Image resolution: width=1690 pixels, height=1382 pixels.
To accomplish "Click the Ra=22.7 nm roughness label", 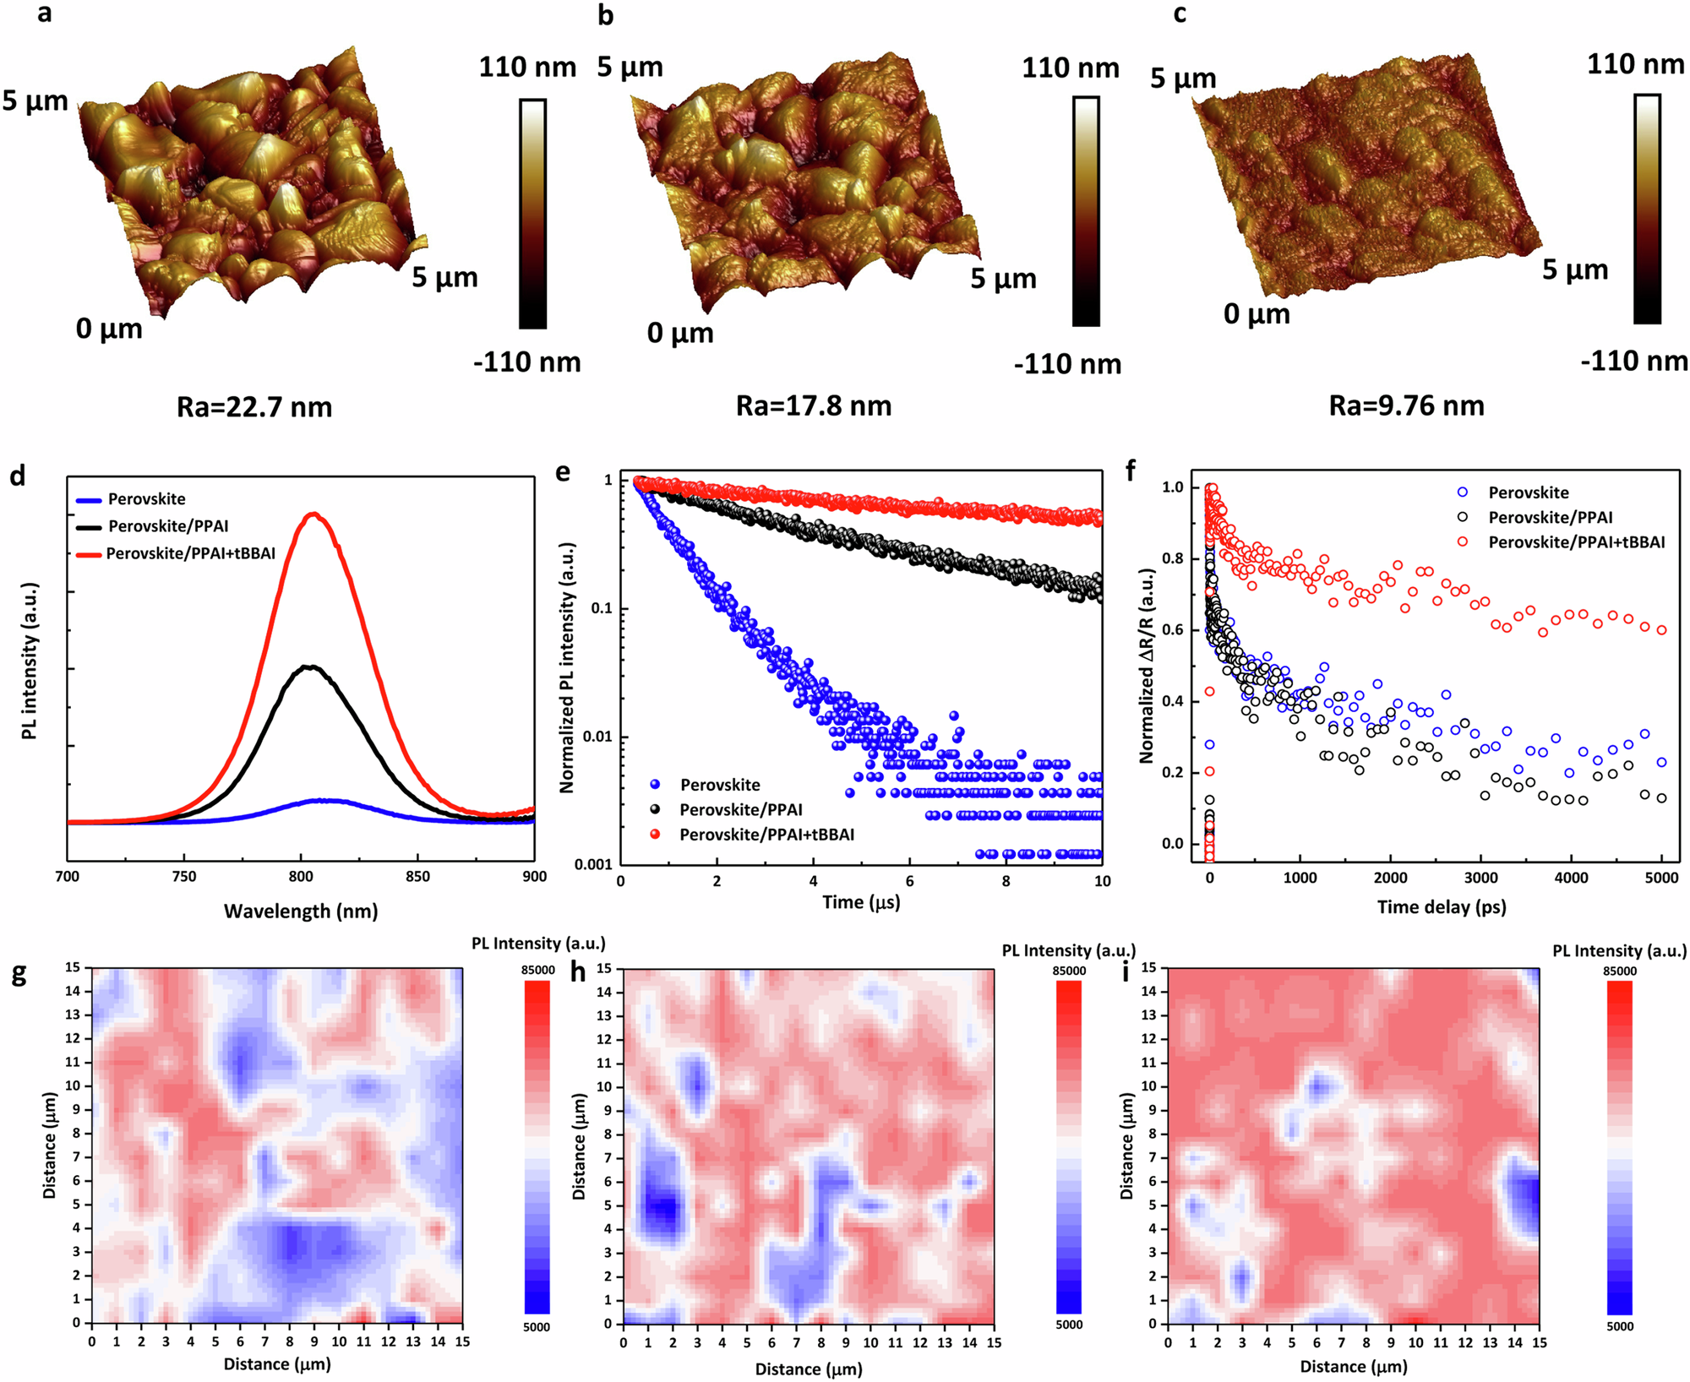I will point(253,407).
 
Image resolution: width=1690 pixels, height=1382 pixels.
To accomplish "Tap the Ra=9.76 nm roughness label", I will point(1406,405).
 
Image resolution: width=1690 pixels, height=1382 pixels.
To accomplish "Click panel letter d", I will point(17,476).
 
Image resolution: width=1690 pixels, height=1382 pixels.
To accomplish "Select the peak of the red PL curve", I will point(313,514).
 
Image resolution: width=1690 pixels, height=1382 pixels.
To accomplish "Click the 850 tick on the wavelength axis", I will point(417,877).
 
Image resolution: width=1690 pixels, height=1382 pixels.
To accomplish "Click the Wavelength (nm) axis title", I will point(300,911).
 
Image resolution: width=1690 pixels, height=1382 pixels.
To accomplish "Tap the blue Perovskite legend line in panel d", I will point(89,500).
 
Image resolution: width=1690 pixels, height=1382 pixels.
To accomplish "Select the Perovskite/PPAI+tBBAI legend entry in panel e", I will point(766,835).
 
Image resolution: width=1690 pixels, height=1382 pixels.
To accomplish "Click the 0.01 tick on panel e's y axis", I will point(597,737).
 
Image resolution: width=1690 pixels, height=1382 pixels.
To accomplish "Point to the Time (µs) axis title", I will point(860,902).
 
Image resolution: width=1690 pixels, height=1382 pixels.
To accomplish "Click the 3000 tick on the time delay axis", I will point(1480,879).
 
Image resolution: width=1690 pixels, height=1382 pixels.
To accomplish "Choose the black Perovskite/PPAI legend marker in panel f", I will point(1463,517).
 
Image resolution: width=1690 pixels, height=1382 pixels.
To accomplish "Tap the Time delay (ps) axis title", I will point(1441,907).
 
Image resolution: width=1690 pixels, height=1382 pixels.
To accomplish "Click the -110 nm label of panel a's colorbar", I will point(526,363).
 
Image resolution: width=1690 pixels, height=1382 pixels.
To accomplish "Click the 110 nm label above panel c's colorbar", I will point(1635,64).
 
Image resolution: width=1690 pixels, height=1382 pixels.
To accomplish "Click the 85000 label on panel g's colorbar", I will point(537,970).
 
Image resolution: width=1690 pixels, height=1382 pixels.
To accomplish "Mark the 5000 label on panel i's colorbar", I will point(1619,1326).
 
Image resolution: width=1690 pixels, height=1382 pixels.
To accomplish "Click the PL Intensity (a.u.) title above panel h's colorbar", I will point(1068,950).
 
